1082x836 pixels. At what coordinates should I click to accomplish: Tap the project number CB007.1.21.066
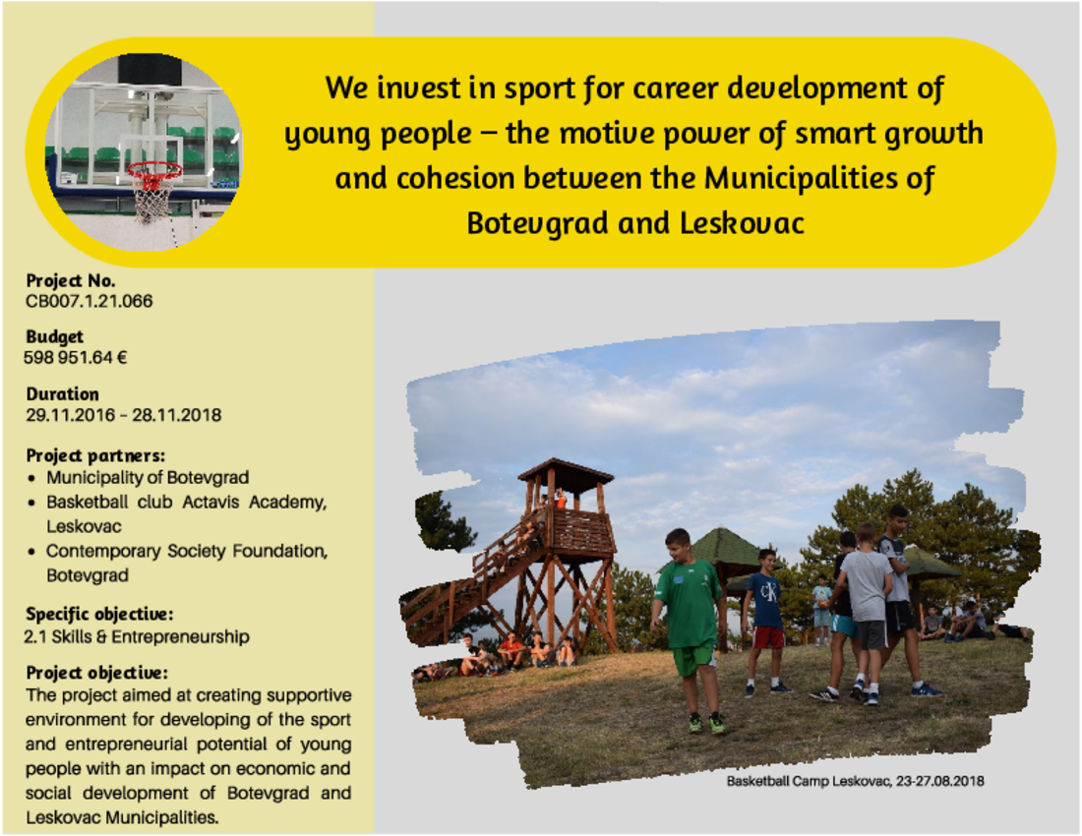click(89, 301)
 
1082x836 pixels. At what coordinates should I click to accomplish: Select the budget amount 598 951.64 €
click(75, 357)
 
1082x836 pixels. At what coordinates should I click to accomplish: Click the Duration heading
click(62, 393)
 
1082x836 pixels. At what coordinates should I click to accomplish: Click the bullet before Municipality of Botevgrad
click(31, 478)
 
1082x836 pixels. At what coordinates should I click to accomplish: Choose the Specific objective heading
click(99, 614)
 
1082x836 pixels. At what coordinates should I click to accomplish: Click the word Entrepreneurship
click(180, 636)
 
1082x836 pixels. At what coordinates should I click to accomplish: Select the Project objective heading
click(96, 673)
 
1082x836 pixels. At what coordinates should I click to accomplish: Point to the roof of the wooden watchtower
click(566, 472)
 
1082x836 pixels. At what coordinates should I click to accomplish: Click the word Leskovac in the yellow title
click(742, 223)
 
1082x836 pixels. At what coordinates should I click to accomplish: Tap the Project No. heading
click(71, 280)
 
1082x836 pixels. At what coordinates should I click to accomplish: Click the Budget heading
click(54, 336)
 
